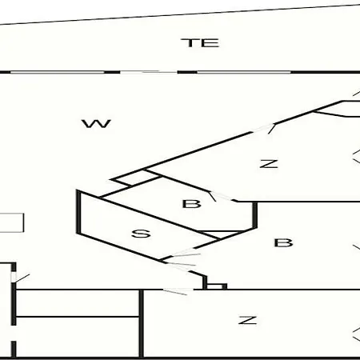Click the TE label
tap(200, 43)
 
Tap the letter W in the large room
tap(96, 124)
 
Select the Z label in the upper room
tap(269, 164)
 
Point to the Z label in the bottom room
tap(248, 320)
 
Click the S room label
tap(141, 234)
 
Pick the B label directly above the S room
tap(191, 204)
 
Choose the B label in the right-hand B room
tap(283, 242)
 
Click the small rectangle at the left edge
tap(12, 222)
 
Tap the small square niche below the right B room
tap(215, 286)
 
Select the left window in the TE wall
tap(58, 72)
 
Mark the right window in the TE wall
tap(244, 72)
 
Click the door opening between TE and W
tap(149, 72)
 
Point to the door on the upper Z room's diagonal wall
tap(262, 129)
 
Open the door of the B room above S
tap(222, 197)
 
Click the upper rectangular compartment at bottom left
tap(78, 303)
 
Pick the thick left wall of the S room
tap(78, 212)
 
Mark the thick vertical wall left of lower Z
tap(142, 323)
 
